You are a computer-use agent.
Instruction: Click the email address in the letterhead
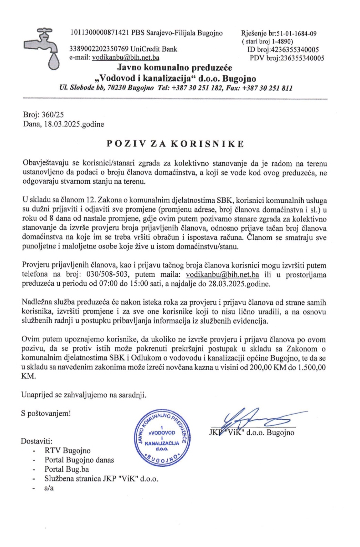pos(126,58)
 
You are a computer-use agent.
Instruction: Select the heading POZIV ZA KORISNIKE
pos(175,144)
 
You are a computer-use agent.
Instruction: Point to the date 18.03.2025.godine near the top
pos(74,124)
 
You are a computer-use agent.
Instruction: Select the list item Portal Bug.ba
pos(67,469)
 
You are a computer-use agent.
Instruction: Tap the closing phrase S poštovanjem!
pos(46,414)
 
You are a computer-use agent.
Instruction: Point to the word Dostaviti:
pos(37,441)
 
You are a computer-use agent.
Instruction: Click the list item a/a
pos(49,488)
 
